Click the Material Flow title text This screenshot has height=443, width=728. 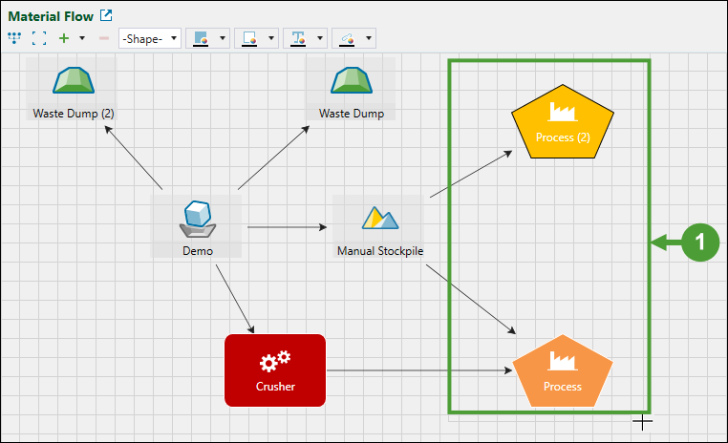click(51, 15)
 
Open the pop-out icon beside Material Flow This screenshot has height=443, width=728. click(106, 15)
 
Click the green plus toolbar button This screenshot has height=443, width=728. click(64, 38)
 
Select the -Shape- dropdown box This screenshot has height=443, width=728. click(150, 38)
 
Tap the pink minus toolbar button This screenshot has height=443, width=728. click(104, 38)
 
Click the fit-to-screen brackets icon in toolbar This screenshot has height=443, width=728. click(39, 38)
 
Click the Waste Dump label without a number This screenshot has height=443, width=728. click(351, 114)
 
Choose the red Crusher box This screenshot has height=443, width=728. click(275, 369)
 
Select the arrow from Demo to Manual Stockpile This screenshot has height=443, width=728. click(287, 227)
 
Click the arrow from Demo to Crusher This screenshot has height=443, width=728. click(235, 299)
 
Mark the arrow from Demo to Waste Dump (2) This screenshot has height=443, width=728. click(134, 158)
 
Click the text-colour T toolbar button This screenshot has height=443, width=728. click(298, 38)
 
